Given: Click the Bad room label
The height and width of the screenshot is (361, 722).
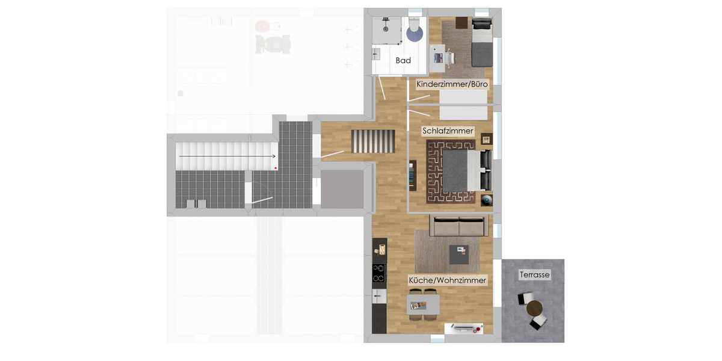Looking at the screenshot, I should [x=403, y=60].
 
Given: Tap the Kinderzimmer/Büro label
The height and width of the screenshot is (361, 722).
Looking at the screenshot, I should [x=452, y=85].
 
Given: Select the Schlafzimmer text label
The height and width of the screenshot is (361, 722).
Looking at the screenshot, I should [x=448, y=131].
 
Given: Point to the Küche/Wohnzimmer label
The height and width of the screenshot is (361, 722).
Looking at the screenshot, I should [x=447, y=280].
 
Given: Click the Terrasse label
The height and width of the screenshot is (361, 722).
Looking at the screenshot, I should [x=534, y=274].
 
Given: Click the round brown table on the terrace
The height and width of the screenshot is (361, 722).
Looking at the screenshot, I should [x=534, y=309].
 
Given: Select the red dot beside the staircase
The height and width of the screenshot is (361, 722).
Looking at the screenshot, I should [x=276, y=168].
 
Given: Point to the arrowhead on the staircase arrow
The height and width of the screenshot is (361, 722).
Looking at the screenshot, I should [x=274, y=156].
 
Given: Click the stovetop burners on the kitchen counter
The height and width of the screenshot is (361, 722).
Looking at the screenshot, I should [x=379, y=273].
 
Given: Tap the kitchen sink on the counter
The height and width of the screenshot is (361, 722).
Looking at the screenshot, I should [x=378, y=296].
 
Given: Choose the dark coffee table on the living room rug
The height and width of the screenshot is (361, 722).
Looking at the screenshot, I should [x=460, y=253].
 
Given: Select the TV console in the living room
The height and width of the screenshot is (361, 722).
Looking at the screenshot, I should [x=464, y=329].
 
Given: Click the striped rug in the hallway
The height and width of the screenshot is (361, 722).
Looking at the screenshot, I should [x=373, y=141].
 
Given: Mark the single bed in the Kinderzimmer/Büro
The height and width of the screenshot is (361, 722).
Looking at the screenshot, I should [x=481, y=42].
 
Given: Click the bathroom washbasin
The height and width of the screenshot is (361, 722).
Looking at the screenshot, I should [x=378, y=54].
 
